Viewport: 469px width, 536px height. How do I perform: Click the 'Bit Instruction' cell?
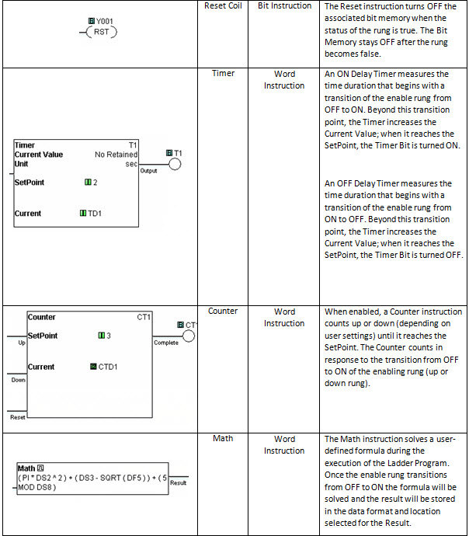(284, 6)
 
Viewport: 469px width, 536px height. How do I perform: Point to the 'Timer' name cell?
(223, 74)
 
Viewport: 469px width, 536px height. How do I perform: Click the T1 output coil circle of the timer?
(174, 164)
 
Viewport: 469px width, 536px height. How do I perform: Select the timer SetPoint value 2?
(95, 183)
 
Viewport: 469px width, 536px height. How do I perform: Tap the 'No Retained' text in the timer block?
(116, 155)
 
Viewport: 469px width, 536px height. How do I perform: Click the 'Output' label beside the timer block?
(148, 170)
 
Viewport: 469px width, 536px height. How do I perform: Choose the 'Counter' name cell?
(223, 312)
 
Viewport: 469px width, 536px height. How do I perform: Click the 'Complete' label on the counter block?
(166, 343)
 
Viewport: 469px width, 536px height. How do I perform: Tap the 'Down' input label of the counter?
(18, 380)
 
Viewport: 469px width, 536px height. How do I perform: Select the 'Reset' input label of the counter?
(18, 417)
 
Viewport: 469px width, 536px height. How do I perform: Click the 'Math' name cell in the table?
(223, 439)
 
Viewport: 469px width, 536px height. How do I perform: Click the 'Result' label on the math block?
(178, 482)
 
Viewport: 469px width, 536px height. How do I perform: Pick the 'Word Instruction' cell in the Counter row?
(284, 318)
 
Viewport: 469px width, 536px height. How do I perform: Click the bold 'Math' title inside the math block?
(26, 468)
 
